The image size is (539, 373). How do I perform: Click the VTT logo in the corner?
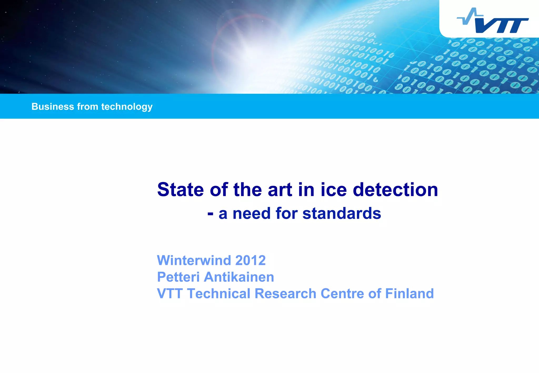495,21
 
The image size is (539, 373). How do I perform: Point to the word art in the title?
280,190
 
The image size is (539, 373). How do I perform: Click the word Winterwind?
194,260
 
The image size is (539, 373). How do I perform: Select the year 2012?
250,260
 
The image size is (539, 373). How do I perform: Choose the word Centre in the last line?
342,294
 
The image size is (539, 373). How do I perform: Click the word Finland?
409,294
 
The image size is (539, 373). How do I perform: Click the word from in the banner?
87,107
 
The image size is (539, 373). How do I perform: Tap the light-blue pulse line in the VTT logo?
470,17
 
